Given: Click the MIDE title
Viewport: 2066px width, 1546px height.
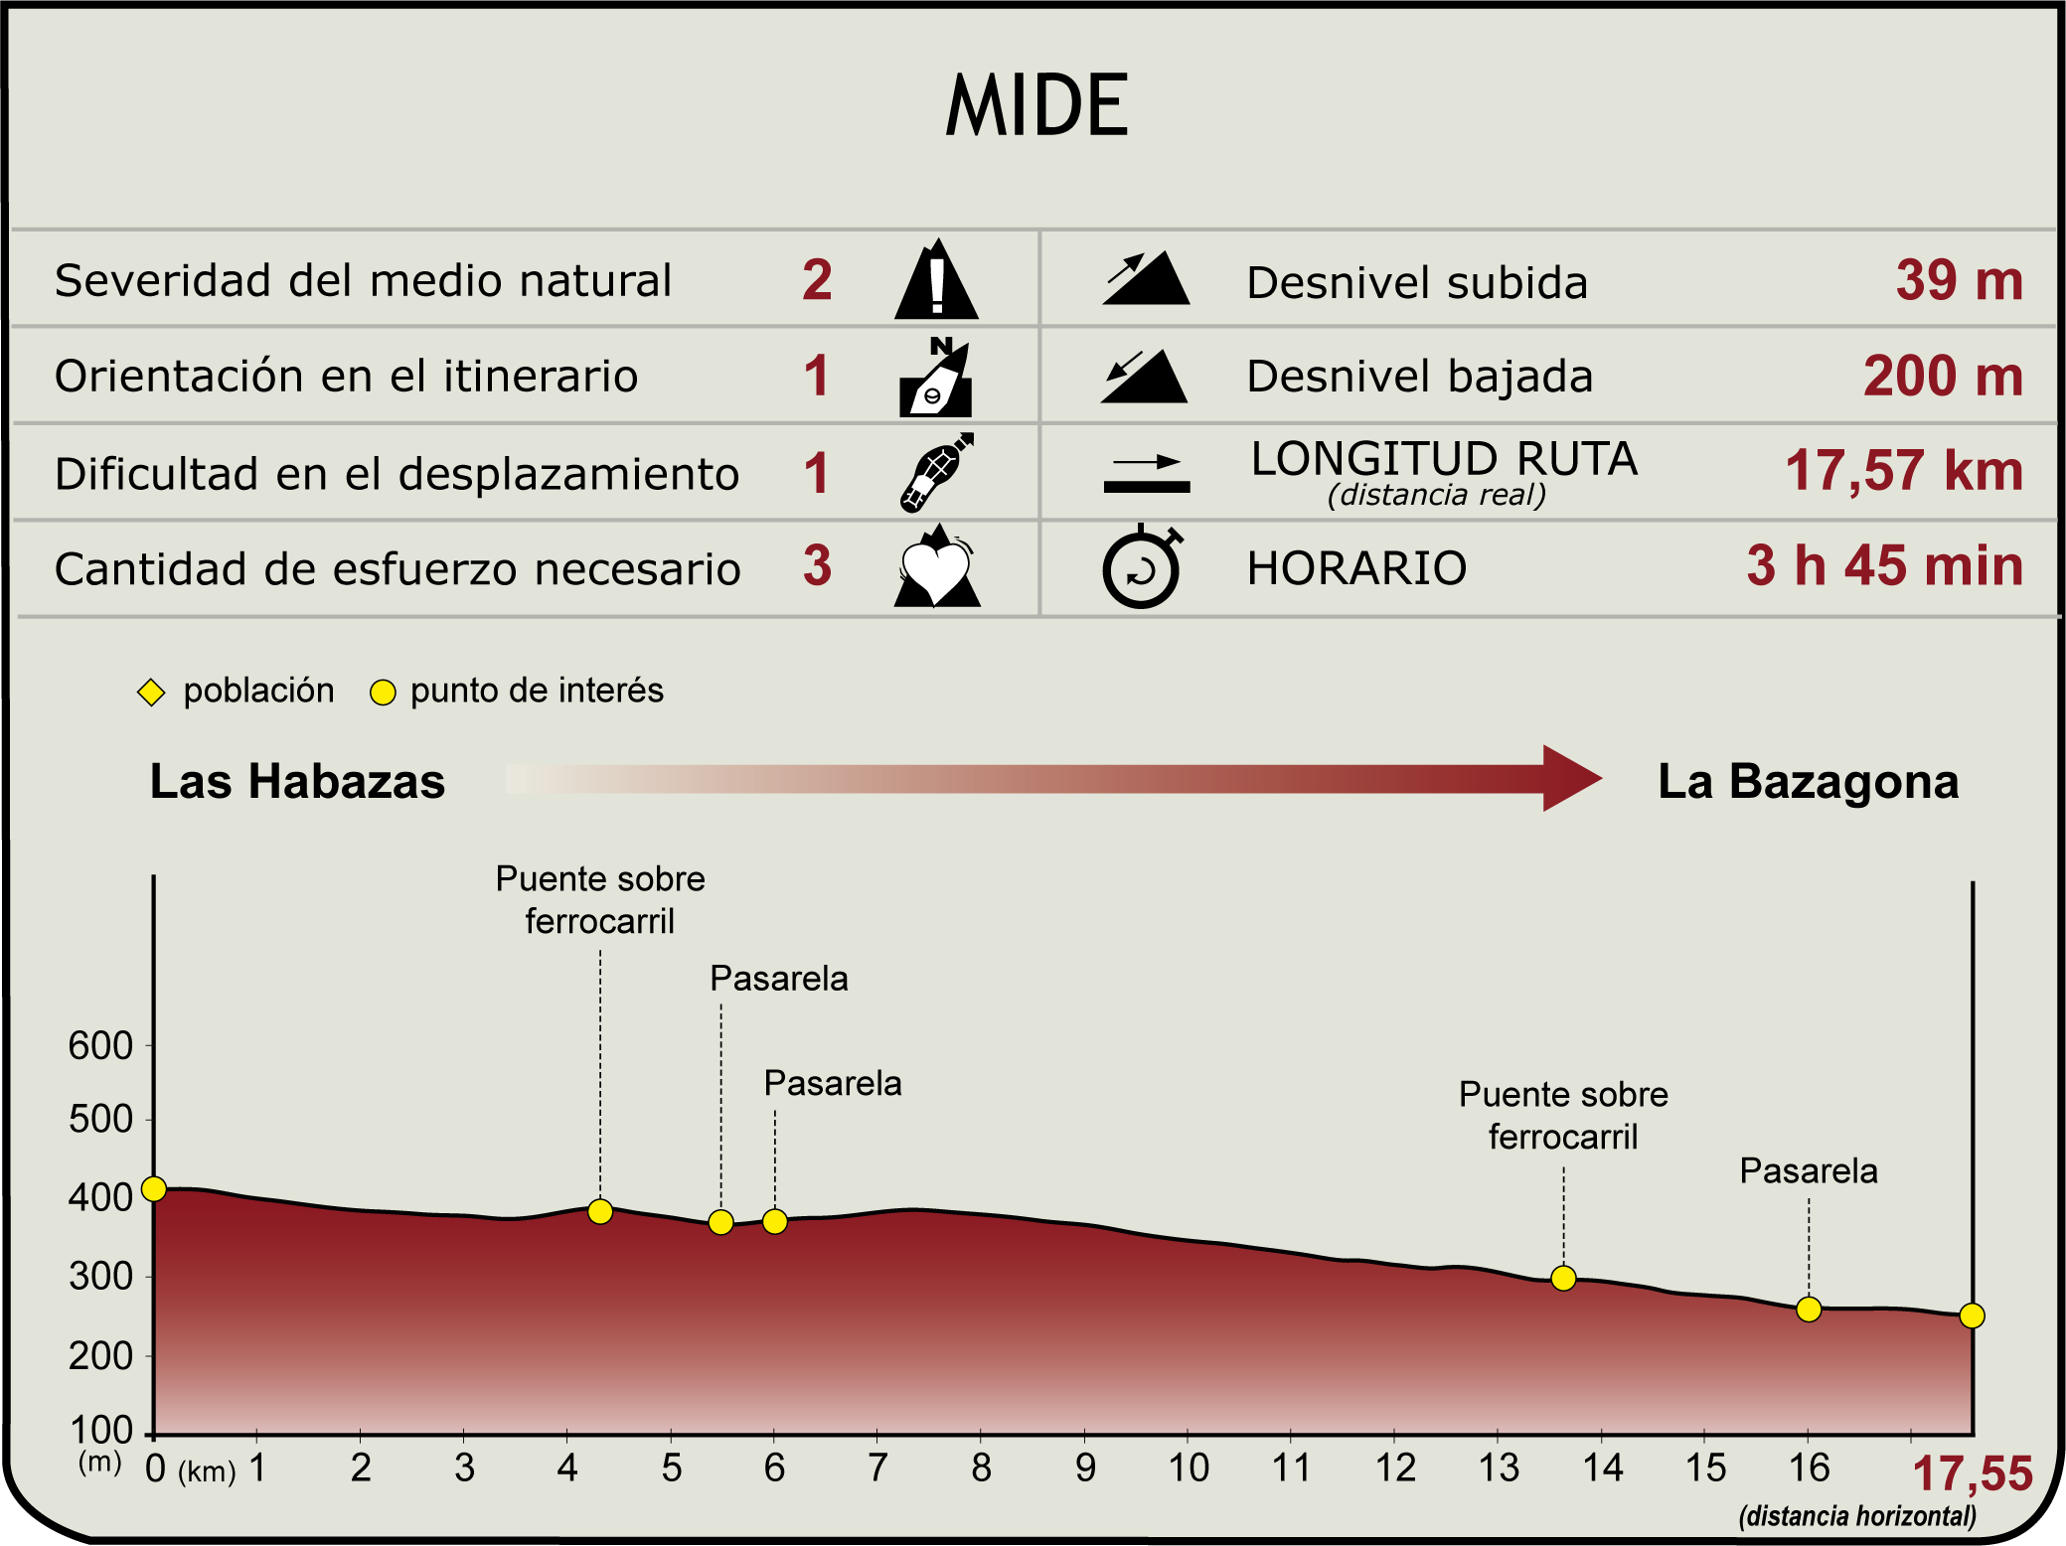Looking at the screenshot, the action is coord(1036,104).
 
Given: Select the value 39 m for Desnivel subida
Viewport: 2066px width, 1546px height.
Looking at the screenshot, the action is coord(1959,280).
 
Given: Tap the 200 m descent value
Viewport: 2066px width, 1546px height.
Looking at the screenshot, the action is coord(1943,376).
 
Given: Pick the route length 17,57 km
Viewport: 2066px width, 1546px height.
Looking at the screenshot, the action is coord(1904,470).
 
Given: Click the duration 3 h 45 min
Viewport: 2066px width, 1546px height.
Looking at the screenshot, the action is coord(1885,565).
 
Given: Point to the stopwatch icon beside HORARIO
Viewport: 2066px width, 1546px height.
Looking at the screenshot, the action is coord(1143,566).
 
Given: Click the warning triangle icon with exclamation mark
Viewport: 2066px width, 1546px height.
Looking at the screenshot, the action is coord(936,279).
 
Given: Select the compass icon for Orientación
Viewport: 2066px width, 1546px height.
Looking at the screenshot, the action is coord(936,377).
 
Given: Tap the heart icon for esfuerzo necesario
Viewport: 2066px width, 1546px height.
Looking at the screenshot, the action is coord(937,565).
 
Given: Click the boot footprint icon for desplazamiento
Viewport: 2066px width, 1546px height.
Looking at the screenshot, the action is coord(936,473).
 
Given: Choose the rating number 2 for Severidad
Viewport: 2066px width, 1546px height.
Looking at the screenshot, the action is coord(817,280).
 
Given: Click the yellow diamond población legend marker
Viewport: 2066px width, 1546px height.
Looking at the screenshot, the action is coord(151,693).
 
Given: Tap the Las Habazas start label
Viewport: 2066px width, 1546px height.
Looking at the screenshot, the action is coord(297,781).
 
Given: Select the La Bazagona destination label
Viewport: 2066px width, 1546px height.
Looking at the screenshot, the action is coord(1809,781).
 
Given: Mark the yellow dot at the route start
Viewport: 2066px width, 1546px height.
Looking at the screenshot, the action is coord(154,1188).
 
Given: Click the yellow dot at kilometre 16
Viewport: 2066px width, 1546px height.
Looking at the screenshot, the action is coord(1809,1310).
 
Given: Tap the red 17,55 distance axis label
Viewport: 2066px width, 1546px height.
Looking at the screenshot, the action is coord(1973,1473).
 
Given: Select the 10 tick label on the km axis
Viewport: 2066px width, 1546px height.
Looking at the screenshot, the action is coord(1189,1468).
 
